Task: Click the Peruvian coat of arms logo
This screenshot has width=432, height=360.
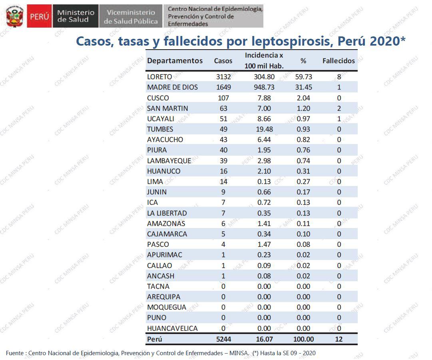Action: [15, 16]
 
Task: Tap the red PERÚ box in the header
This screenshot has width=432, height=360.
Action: [39, 17]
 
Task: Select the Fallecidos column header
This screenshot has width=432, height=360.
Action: [338, 61]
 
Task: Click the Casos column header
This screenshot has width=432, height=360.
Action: [223, 61]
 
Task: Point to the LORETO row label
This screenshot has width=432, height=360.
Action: [159, 77]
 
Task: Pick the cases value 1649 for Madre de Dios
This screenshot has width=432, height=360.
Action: [223, 87]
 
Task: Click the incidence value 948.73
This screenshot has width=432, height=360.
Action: [264, 87]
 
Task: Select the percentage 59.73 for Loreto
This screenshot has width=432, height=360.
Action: [304, 77]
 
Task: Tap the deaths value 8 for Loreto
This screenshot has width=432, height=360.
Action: [339, 77]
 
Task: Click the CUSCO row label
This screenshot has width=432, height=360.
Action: [158, 98]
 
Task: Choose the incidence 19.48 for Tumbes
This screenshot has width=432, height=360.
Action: [264, 129]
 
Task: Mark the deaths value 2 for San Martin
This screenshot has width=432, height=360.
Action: [339, 108]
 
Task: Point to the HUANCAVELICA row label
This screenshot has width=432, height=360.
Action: [172, 328]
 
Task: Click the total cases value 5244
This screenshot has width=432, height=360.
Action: [223, 339]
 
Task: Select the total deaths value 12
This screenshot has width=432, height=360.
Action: [339, 339]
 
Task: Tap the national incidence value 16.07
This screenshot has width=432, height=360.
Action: [264, 339]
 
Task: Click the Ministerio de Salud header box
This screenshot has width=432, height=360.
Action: [76, 16]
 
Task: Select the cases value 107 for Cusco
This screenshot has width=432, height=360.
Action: [223, 98]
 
